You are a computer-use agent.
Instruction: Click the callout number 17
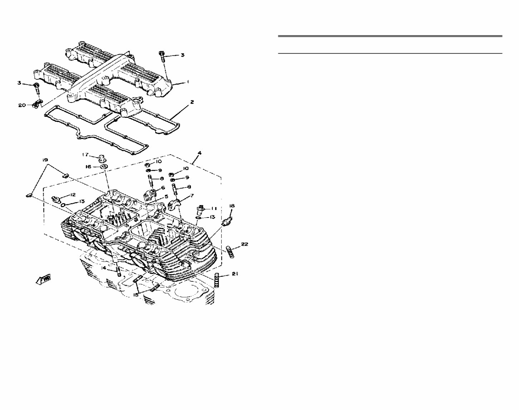(x=85, y=155)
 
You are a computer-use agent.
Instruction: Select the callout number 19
(x=45, y=160)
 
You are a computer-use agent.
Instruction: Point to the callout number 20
(x=22, y=105)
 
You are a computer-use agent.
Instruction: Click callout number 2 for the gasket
(x=192, y=102)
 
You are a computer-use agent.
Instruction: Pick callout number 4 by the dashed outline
(x=200, y=153)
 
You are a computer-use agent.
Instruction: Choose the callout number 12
(x=73, y=195)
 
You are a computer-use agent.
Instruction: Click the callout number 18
(x=232, y=206)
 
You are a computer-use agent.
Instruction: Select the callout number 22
(x=244, y=244)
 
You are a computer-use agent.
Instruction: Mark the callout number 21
(x=235, y=274)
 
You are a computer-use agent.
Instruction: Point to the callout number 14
(x=104, y=267)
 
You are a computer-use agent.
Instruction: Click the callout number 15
(x=136, y=295)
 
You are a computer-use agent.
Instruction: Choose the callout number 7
(x=192, y=195)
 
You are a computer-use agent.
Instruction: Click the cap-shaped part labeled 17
(x=101, y=157)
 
